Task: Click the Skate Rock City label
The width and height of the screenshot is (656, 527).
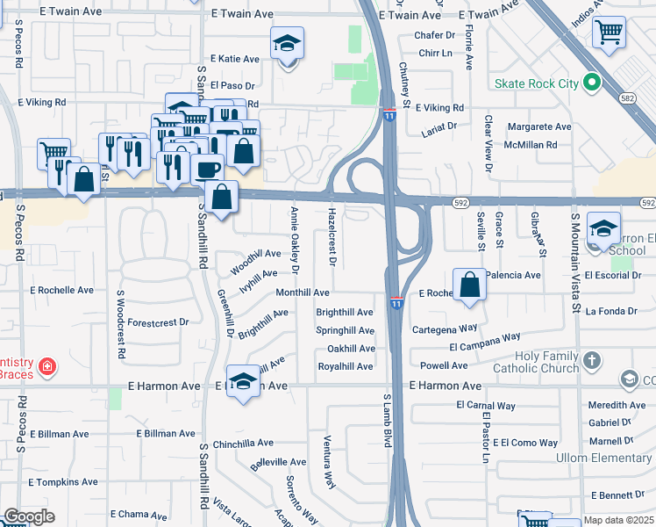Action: (536, 83)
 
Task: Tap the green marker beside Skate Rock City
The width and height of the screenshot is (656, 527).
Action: (592, 83)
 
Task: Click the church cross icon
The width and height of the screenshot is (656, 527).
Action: (592, 360)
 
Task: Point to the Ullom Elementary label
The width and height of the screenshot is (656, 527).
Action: (603, 458)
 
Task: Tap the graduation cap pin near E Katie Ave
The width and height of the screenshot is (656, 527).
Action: (286, 43)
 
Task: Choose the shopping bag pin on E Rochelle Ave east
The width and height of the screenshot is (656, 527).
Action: (470, 285)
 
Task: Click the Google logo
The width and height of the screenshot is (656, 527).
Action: (28, 516)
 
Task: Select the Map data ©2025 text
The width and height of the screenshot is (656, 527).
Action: (618, 520)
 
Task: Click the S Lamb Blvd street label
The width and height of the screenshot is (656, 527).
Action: (386, 420)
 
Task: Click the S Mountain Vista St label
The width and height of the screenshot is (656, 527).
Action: (576, 263)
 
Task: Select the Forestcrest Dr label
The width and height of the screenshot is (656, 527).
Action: (158, 322)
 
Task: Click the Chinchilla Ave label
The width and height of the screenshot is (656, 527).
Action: (243, 444)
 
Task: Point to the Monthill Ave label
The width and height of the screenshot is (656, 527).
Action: (303, 292)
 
